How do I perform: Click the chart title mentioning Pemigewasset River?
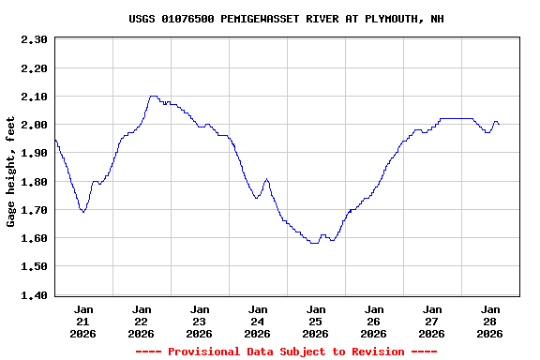tap(287, 19)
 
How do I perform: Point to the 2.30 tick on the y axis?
tap(34, 39)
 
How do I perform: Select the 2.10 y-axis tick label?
tap(34, 97)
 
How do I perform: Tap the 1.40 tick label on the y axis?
tap(34, 295)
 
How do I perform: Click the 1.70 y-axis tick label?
tap(34, 210)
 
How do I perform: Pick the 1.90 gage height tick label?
tap(34, 153)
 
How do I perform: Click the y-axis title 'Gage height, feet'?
tap(11, 172)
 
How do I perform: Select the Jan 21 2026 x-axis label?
tap(83, 321)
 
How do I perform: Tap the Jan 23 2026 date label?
tap(200, 321)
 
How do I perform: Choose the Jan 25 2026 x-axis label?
tap(316, 321)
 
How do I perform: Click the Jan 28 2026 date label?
tap(490, 321)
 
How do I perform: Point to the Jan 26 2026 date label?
tap(374, 321)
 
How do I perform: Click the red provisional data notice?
tap(286, 352)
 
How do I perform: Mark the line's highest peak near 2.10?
tap(153, 96)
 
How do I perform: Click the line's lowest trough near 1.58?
tap(314, 243)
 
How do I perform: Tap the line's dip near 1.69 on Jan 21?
tap(83, 212)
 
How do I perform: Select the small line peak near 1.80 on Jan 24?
tap(267, 179)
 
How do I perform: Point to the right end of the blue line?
tap(499, 124)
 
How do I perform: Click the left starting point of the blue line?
tap(55, 139)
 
